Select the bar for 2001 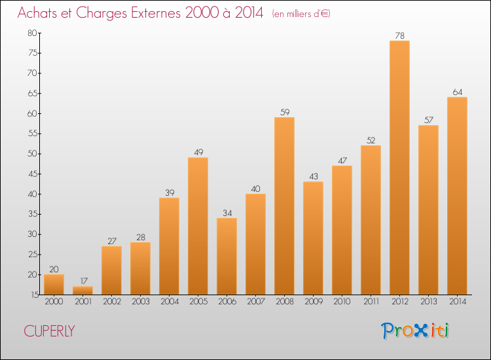click(82, 290)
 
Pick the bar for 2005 click(198, 226)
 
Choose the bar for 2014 click(457, 196)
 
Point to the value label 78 click(399, 35)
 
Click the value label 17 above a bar click(82, 281)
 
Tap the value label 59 click(284, 112)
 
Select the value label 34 click(227, 213)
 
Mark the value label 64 click(457, 92)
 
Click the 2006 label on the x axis click(227, 302)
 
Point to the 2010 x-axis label click(342, 302)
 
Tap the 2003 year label click(140, 302)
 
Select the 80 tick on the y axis click(32, 33)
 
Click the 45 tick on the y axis click(32, 174)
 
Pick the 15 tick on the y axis click(32, 295)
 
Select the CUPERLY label click(49, 331)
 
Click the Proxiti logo click(416, 331)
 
